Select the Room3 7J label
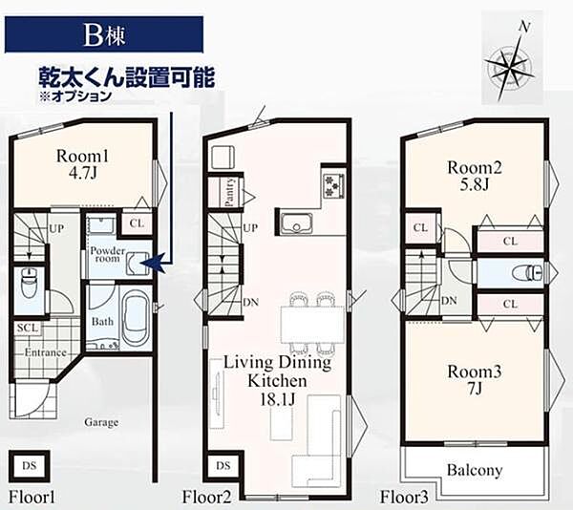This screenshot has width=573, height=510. click(x=475, y=379)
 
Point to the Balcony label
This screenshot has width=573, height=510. click(x=475, y=470)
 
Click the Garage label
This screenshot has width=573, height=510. click(x=101, y=421)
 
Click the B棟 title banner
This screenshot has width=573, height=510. click(x=104, y=35)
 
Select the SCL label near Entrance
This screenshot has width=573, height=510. click(x=28, y=328)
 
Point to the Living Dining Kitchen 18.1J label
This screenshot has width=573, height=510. click(x=277, y=379)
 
